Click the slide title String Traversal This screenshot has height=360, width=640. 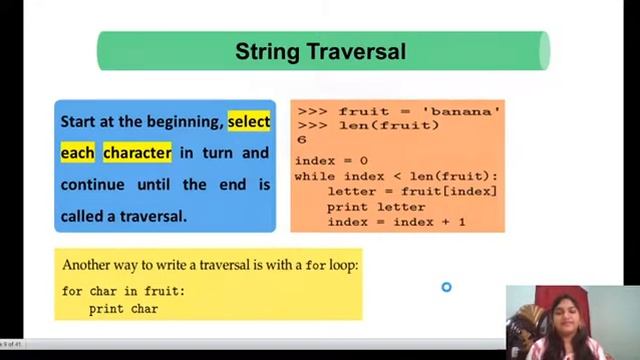click(x=320, y=51)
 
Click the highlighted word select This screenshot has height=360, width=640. click(x=248, y=122)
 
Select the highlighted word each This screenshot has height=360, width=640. click(x=77, y=153)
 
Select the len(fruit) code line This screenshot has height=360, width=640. click(x=388, y=125)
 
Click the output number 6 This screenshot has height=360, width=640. click(x=302, y=140)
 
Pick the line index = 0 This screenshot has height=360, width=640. click(x=331, y=160)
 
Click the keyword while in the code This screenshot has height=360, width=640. click(x=314, y=176)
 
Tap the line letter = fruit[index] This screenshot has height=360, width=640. click(x=411, y=191)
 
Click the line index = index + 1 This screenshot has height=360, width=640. click(x=396, y=221)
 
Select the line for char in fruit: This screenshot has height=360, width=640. click(x=123, y=291)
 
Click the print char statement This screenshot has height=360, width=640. click(x=123, y=309)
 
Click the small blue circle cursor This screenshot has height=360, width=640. click(x=446, y=288)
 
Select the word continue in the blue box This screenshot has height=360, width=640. click(x=92, y=184)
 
